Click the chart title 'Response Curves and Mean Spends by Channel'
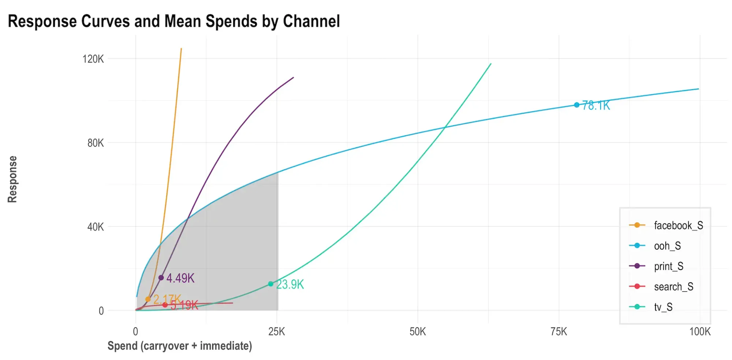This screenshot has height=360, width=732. coord(174,21)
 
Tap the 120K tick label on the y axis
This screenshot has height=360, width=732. coord(93,59)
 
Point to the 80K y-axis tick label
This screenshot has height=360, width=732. coord(95,143)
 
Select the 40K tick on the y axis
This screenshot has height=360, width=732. coord(95,227)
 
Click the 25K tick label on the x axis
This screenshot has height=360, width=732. coord(276,332)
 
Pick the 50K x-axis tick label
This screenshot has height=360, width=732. coord(418,332)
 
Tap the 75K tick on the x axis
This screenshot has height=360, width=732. coord(559,332)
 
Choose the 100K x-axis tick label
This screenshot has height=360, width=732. coord(700,332)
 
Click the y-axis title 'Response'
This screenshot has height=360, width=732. coord(12,179)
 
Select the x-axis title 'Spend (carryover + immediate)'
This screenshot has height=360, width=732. coord(180,346)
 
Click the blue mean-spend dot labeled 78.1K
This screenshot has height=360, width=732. coord(576,105)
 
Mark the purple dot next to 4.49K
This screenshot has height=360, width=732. coord(161,278)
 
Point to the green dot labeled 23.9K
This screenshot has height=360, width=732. coord(270,284)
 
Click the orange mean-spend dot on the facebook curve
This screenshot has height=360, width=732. coord(148,299)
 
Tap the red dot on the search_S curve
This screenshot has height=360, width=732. coord(165,305)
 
